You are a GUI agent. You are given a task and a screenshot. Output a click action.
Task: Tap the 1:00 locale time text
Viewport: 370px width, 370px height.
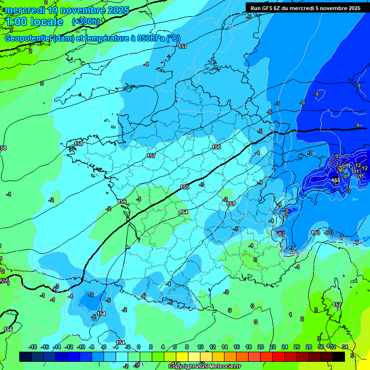coord(34,22)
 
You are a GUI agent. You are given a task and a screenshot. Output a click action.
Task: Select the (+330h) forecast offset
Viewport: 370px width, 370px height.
coord(86,22)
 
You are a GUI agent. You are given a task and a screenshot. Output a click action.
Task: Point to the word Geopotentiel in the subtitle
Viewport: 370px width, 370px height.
coord(27,39)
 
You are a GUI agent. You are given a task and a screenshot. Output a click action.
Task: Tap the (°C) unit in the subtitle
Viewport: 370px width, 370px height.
coord(173,39)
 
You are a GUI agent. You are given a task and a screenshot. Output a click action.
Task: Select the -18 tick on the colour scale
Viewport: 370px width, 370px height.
coord(33,347)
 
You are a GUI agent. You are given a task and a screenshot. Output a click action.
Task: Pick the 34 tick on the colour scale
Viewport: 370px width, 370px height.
coord(344,347)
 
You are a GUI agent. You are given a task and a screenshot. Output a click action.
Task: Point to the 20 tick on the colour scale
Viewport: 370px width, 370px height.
coord(261,347)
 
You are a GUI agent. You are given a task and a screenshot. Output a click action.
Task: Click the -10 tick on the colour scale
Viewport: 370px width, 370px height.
coord(81,347)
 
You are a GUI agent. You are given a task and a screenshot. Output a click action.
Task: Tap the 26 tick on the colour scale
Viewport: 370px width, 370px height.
coord(297,347)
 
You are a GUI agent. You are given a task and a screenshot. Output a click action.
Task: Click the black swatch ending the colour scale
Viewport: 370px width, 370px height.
coord(339,357)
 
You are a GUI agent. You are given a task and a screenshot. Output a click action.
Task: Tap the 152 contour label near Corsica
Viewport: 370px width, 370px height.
coord(337,304)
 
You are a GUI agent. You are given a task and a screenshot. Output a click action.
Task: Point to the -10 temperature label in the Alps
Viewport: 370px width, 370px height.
coord(341,170)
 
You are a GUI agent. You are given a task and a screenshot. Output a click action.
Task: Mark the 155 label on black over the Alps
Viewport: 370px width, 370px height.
coord(336,180)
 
